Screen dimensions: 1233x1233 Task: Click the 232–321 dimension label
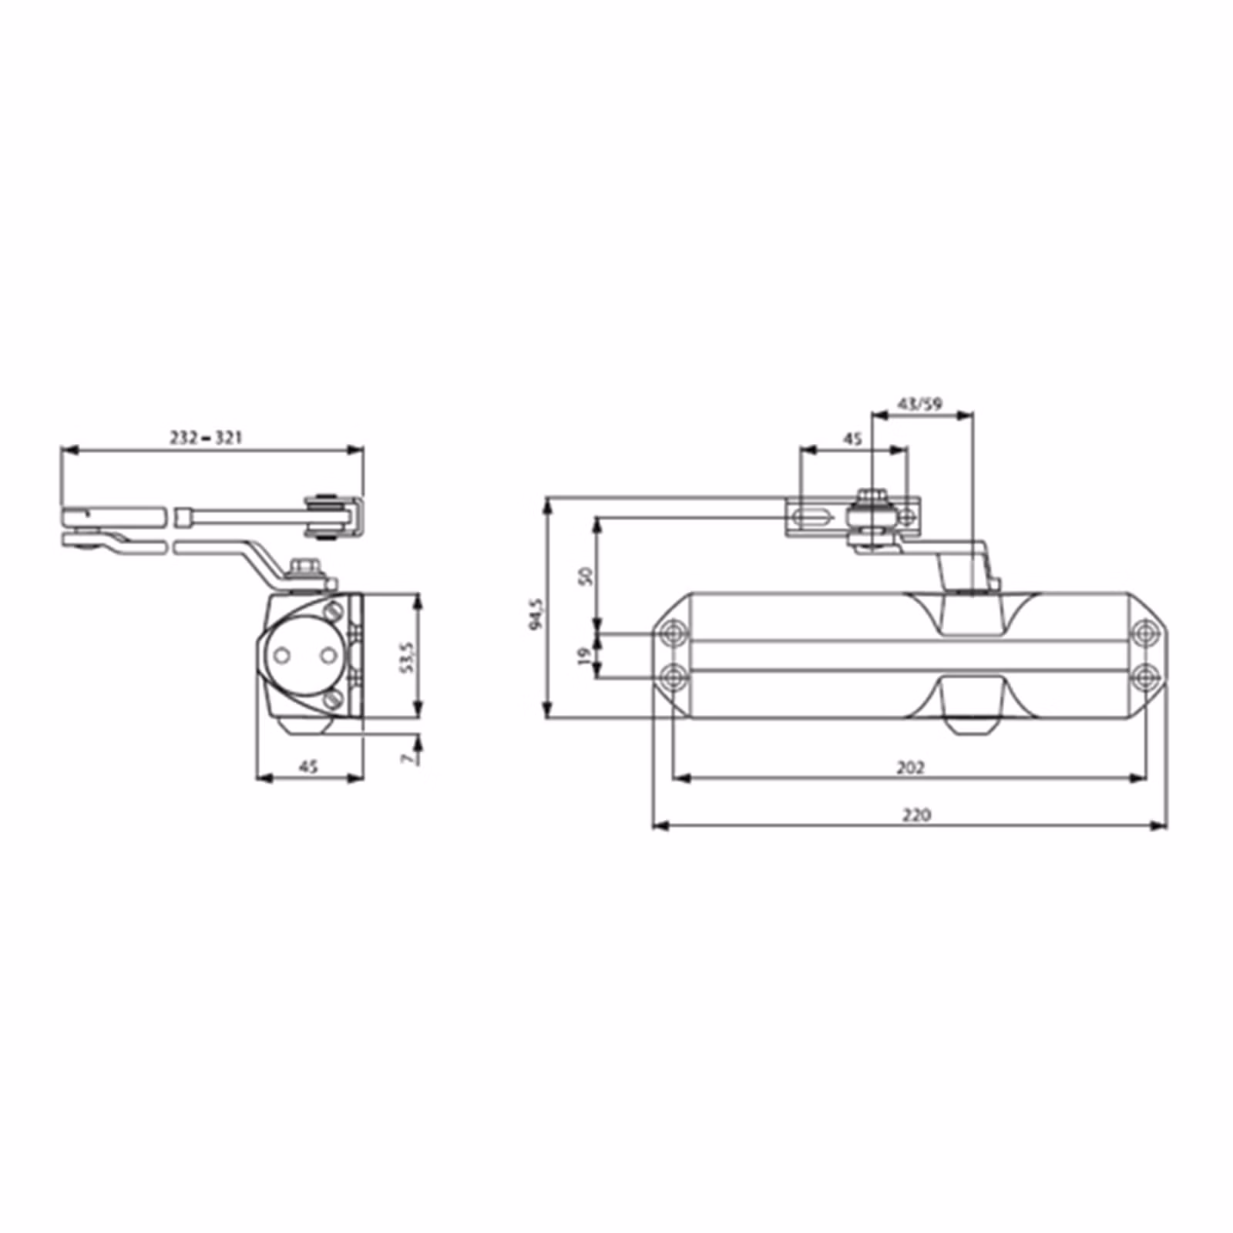pyautogui.click(x=206, y=438)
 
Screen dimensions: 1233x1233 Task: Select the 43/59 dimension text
pyautogui.click(x=920, y=405)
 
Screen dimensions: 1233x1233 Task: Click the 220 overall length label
pyautogui.click(x=916, y=815)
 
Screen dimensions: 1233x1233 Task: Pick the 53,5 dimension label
pyautogui.click(x=408, y=657)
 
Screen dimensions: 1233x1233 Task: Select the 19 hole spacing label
pyautogui.click(x=585, y=656)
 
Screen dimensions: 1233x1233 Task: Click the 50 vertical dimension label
pyautogui.click(x=585, y=576)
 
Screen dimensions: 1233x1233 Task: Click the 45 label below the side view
pyautogui.click(x=308, y=767)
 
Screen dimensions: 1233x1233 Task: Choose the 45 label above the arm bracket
pyautogui.click(x=852, y=439)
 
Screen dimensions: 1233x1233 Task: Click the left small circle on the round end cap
pyautogui.click(x=282, y=656)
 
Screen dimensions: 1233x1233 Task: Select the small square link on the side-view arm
pyautogui.click(x=183, y=516)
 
